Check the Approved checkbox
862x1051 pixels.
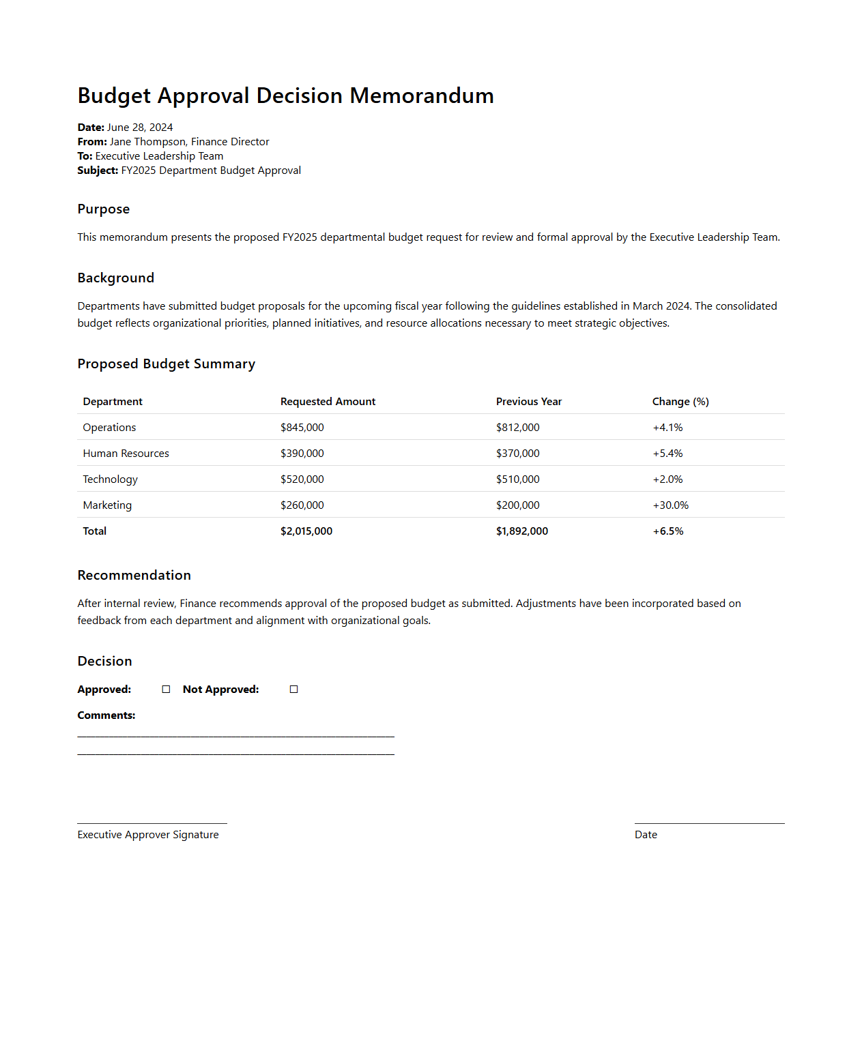[166, 690]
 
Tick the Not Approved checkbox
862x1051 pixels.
[294, 690]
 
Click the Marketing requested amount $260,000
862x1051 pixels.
[302, 505]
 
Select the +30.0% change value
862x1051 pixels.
[671, 505]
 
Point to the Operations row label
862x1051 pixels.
[109, 428]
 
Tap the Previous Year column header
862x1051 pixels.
[529, 402]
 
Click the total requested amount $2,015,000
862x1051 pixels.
[306, 531]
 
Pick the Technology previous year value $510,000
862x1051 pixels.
[518, 479]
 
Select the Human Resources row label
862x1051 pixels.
[126, 454]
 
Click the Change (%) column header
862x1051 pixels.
[680, 402]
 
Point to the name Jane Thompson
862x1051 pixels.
[147, 142]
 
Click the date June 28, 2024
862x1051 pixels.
[140, 128]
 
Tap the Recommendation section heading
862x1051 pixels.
[134, 575]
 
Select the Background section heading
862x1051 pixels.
[116, 278]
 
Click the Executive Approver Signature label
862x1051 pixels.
[148, 835]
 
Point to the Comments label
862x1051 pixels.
[106, 715]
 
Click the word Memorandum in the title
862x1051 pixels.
[422, 96]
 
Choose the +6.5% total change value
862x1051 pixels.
[668, 531]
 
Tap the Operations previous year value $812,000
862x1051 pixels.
[518, 428]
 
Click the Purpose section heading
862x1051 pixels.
[104, 209]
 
